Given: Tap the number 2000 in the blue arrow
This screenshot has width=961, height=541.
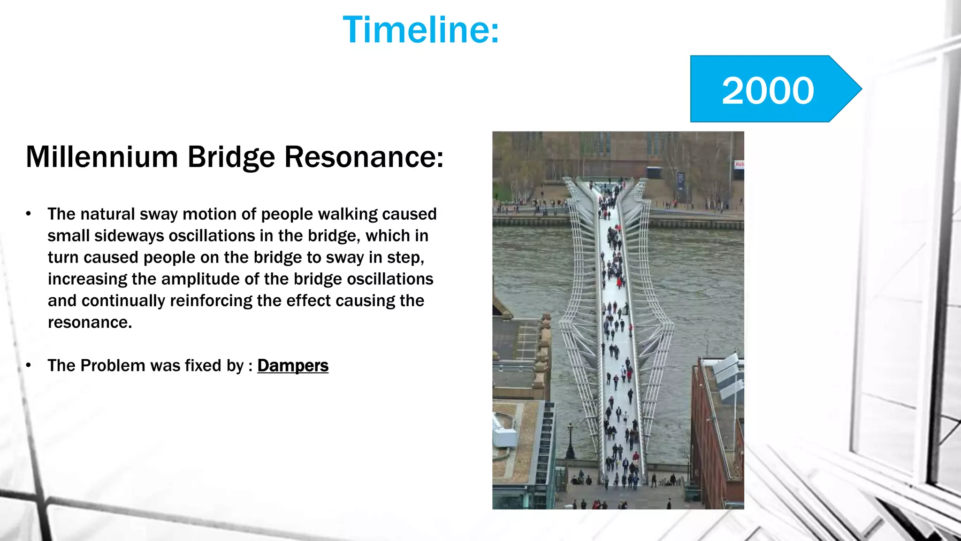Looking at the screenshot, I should coord(768,90).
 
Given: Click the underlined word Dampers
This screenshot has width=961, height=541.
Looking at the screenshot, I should coord(293,365).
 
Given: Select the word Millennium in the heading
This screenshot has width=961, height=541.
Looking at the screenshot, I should coord(102,157).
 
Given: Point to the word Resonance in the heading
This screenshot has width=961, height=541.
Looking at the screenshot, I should coord(363,157).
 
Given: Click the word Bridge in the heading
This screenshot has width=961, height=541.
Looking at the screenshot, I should coord(231,157).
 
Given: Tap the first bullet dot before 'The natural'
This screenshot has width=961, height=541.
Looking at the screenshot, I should coord(29,214).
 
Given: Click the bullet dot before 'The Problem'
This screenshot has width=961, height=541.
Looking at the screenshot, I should coord(29,365).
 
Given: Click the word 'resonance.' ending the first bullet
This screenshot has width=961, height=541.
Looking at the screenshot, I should coord(90,322).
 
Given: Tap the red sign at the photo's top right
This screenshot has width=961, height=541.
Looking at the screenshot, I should coord(739,164).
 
